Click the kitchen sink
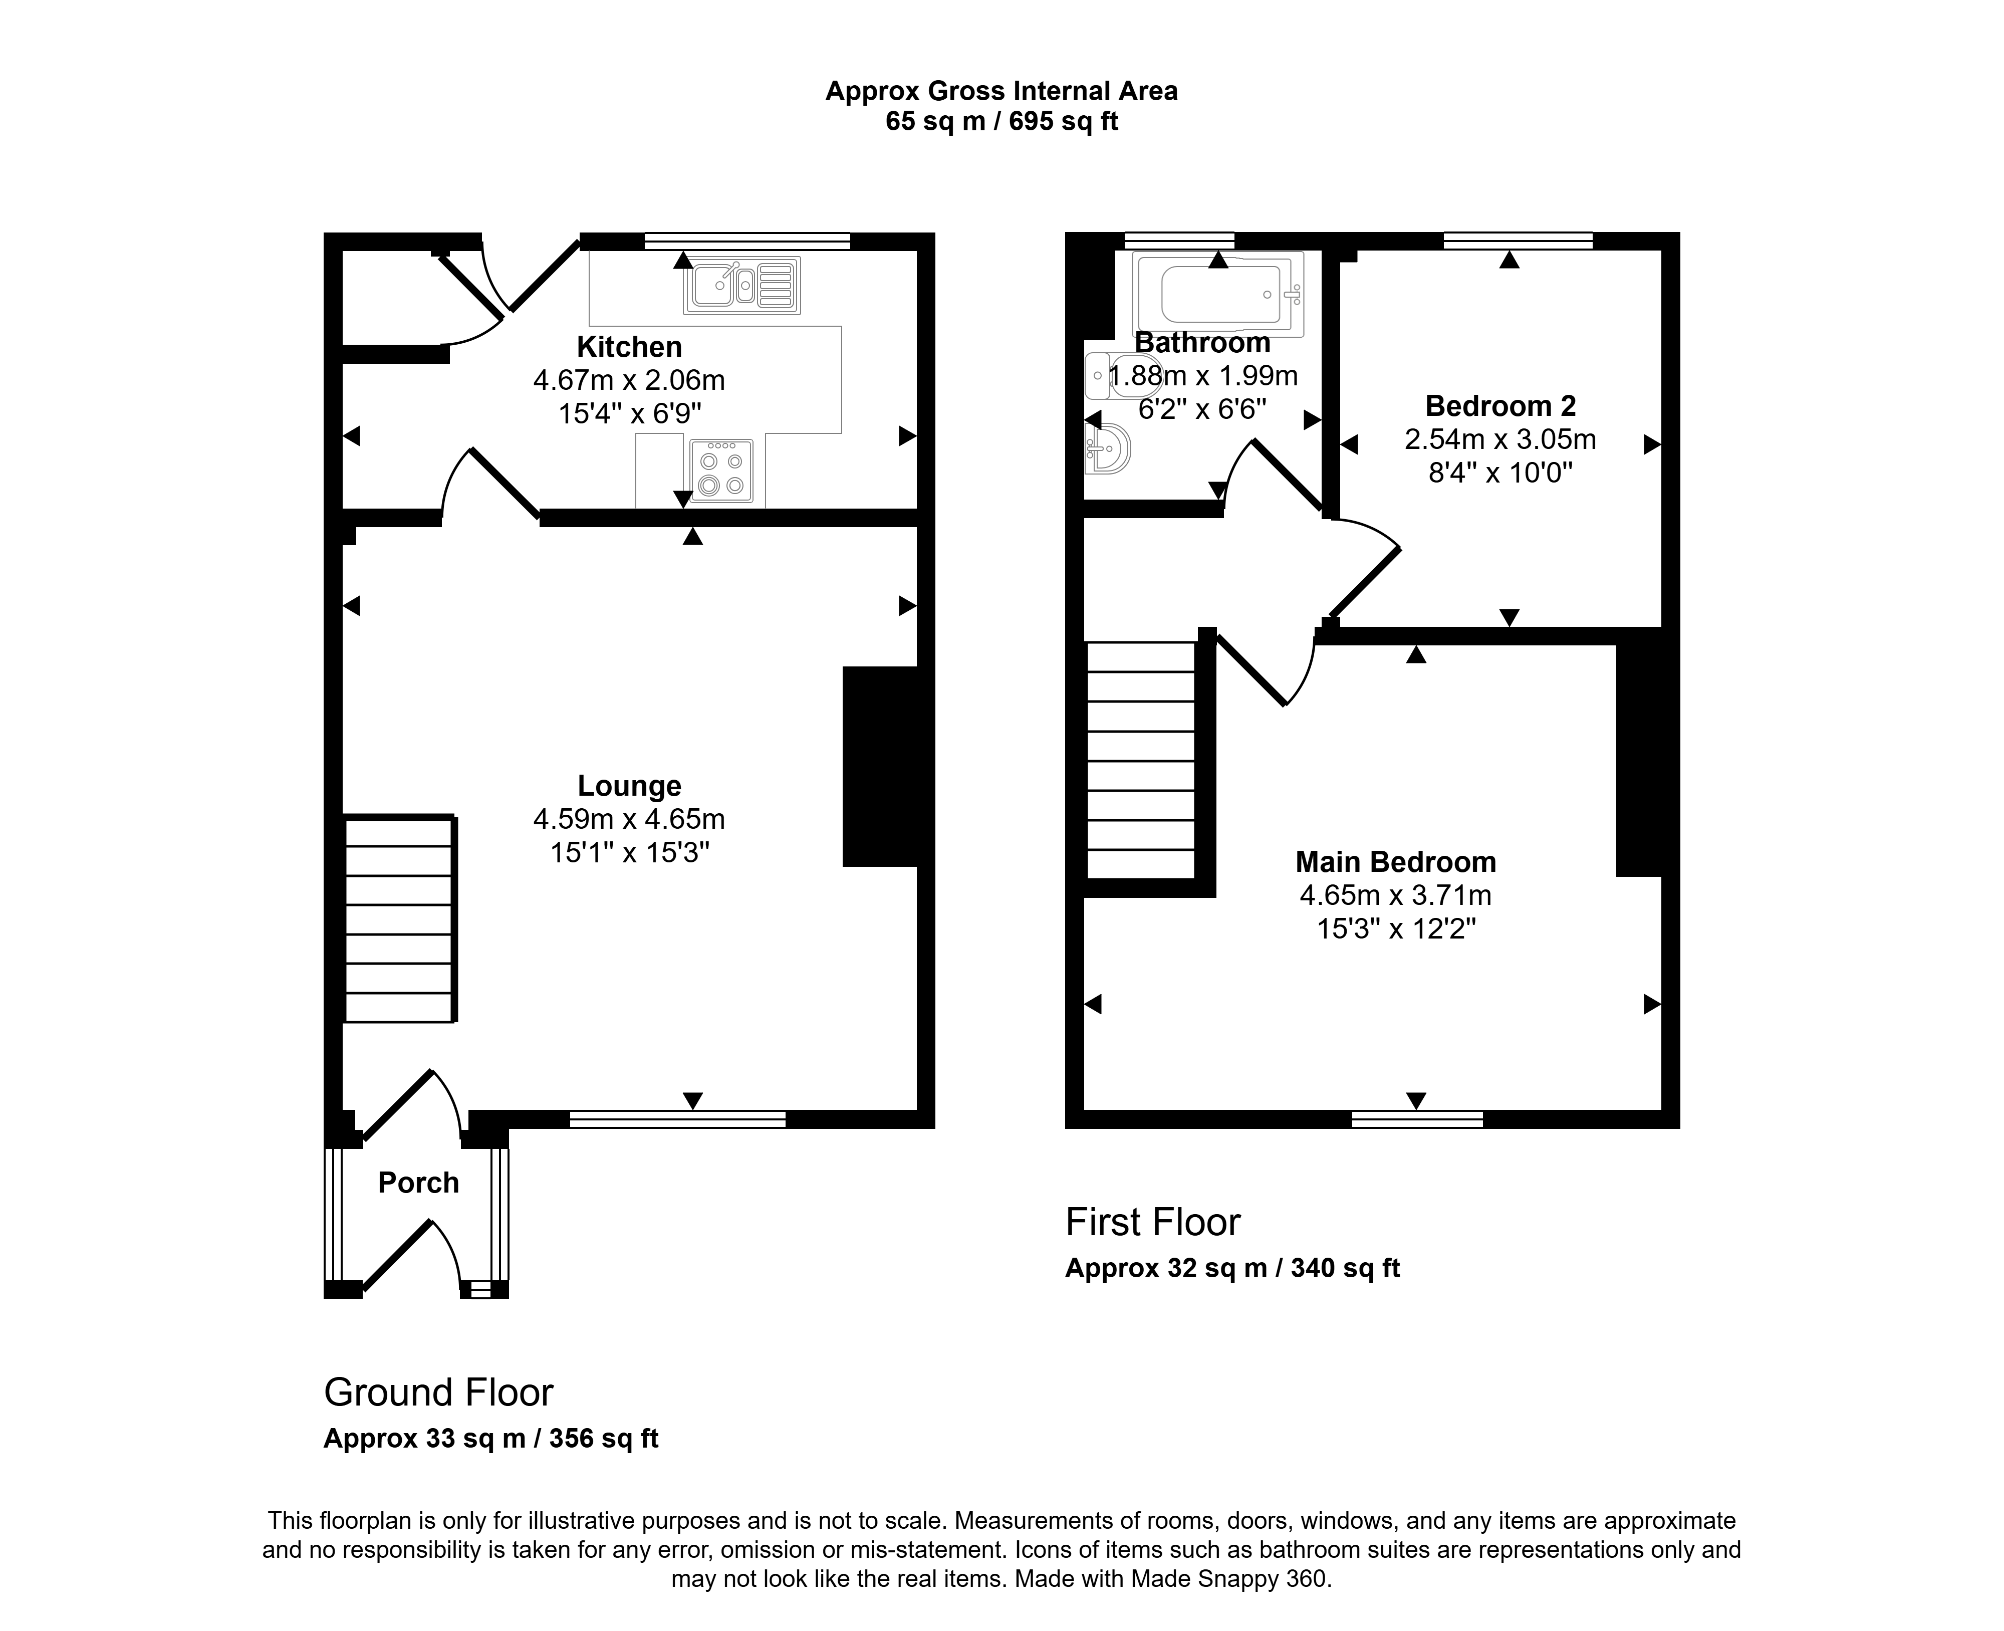coord(742,285)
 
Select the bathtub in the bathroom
coord(1219,294)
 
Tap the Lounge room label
coord(629,786)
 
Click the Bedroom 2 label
coord(1500,406)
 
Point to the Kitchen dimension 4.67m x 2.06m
coord(629,380)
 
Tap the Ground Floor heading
coord(439,1392)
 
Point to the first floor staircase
coord(1141,759)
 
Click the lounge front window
coord(677,1119)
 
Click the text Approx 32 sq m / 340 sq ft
coord(1232,1268)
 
